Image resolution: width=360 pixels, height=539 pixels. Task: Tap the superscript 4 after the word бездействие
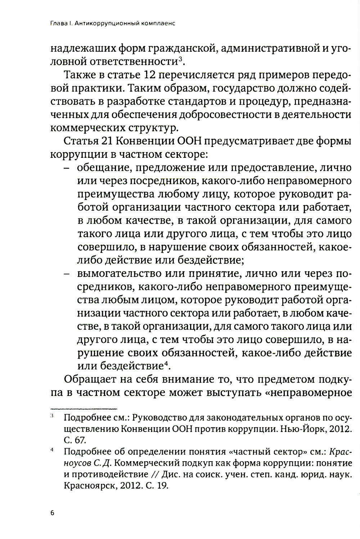pos(166,364)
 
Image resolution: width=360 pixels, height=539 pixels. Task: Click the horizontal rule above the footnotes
pos(84,409)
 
